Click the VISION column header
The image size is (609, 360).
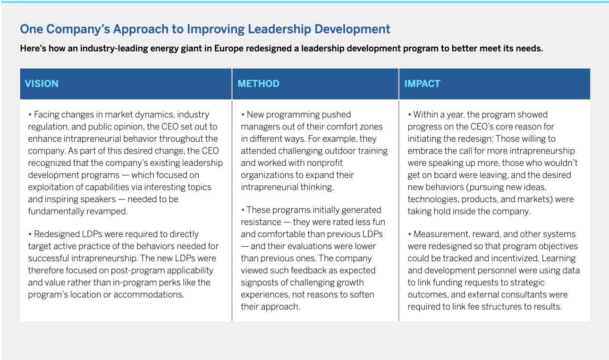pos(42,84)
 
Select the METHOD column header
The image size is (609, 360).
pos(258,84)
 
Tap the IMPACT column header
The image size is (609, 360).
pos(422,84)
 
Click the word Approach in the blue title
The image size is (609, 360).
pos(141,29)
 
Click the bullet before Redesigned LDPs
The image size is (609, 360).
pos(30,234)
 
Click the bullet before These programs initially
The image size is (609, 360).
pos(243,210)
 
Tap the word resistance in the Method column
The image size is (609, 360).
pos(261,223)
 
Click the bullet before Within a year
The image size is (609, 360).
pos(409,114)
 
